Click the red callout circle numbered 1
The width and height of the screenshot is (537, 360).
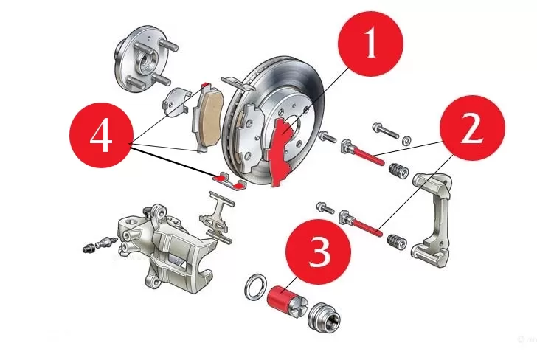tap(370, 44)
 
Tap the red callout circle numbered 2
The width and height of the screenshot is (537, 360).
tap(472, 128)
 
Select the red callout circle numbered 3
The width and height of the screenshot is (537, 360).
tap(319, 252)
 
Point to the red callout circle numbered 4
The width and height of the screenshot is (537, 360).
tap(101, 135)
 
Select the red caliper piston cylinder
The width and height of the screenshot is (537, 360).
tap(278, 297)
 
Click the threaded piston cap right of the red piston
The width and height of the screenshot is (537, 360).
tap(324, 316)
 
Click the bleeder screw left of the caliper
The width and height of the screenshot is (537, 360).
tap(100, 244)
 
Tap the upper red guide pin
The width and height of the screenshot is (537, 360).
tap(363, 152)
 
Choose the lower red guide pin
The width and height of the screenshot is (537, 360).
tap(362, 224)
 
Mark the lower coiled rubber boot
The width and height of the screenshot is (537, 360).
tap(398, 241)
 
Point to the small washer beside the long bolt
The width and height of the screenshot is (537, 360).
tap(406, 139)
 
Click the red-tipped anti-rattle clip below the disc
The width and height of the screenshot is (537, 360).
tap(229, 181)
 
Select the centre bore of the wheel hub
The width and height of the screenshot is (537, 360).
tap(147, 59)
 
